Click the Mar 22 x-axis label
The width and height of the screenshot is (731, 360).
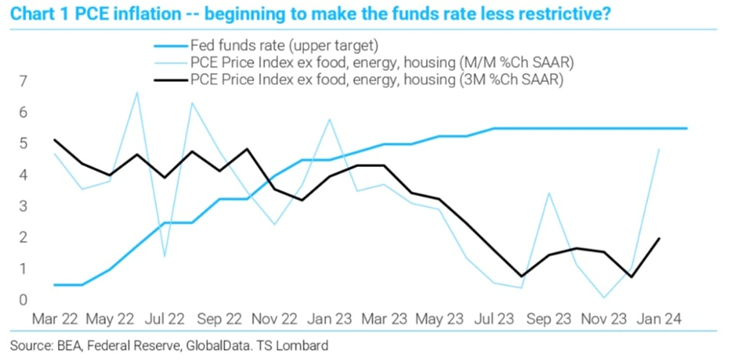pos(53,318)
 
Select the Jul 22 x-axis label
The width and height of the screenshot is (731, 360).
pos(165,318)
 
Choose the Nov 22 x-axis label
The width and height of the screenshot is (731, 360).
pos(274,318)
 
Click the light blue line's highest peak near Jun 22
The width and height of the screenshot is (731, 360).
pos(137,93)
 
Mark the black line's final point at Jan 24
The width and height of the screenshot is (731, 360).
pos(659,239)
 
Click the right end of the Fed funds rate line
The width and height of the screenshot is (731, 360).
pos(687,128)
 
